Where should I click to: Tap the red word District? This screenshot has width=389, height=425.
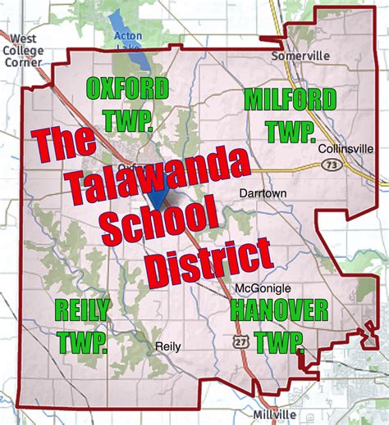[208, 261]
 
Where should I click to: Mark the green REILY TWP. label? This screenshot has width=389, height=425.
[81, 323]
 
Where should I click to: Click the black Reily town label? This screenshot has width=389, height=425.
[167, 346]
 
